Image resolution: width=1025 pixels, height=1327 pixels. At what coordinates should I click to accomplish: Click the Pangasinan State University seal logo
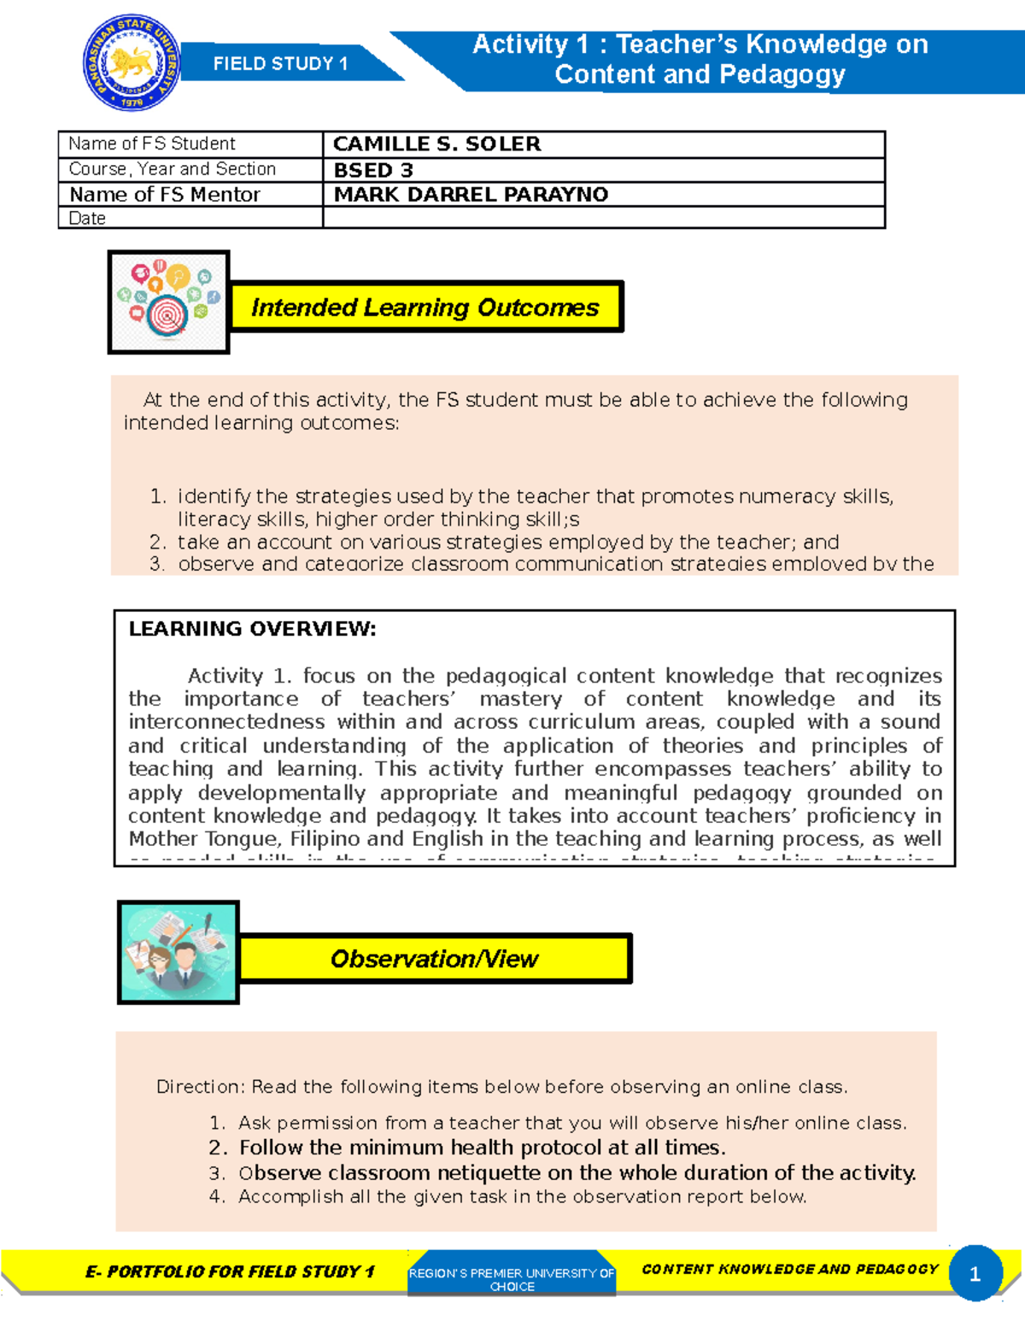(132, 63)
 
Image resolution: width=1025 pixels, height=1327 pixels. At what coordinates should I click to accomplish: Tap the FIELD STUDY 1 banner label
(280, 64)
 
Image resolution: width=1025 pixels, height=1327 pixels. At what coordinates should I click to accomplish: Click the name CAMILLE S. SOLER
(436, 144)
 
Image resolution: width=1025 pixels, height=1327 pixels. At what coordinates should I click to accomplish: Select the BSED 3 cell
(373, 170)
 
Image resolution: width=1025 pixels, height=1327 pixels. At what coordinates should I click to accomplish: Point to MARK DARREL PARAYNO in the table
(471, 195)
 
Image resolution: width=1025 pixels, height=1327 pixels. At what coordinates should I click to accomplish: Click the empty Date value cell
(603, 219)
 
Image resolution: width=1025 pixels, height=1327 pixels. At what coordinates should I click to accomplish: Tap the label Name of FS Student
(152, 144)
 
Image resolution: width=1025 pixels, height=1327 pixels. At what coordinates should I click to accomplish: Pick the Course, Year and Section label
(173, 169)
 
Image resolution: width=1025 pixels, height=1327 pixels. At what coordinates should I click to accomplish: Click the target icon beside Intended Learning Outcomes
(168, 302)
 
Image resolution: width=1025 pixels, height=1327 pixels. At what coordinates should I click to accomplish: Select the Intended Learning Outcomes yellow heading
(425, 307)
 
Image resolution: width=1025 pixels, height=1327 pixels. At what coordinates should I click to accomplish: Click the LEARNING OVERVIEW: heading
(252, 629)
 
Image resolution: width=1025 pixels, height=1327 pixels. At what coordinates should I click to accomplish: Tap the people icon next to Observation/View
(178, 952)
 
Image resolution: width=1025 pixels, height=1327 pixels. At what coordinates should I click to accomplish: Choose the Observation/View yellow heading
(434, 959)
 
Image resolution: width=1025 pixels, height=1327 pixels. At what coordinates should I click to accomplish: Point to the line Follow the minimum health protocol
(482, 1148)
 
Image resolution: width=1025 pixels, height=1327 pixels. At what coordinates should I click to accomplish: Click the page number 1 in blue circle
(975, 1274)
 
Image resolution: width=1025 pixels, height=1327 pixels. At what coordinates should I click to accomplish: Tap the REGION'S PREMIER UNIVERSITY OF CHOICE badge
(512, 1278)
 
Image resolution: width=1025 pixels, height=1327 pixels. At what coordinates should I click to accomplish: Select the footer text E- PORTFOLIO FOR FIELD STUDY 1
(230, 1271)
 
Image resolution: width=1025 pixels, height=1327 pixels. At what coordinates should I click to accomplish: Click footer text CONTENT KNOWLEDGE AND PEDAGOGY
(789, 1270)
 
